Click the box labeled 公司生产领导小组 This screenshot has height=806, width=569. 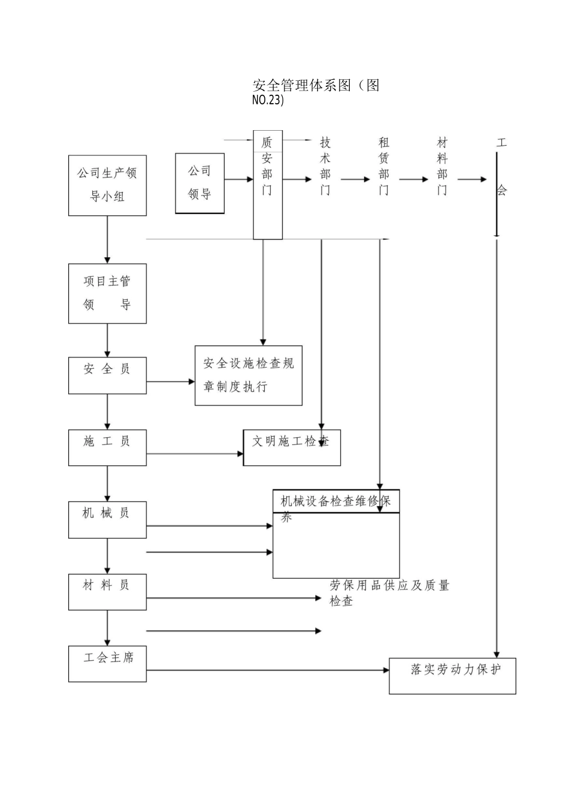(107, 185)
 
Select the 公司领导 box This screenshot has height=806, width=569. (199, 183)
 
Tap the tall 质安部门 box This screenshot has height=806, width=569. (268, 185)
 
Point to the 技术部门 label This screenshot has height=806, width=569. (325, 166)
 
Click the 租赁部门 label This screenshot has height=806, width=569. (384, 166)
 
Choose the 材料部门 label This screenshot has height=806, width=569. (442, 166)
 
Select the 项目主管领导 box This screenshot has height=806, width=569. (107, 293)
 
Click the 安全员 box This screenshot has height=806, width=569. (107, 375)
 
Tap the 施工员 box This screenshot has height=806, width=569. (107, 447)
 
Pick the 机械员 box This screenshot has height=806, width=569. (107, 519)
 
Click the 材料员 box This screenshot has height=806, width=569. (107, 592)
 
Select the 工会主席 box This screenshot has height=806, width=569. (107, 664)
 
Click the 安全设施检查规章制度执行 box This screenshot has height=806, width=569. (249, 375)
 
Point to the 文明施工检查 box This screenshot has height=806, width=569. (292, 447)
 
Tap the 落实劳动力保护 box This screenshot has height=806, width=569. (452, 676)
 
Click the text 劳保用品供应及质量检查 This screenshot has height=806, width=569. (389, 593)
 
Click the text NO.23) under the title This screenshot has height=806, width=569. (268, 100)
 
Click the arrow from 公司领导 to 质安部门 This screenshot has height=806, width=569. (238, 179)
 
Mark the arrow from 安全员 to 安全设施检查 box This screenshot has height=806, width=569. (171, 381)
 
